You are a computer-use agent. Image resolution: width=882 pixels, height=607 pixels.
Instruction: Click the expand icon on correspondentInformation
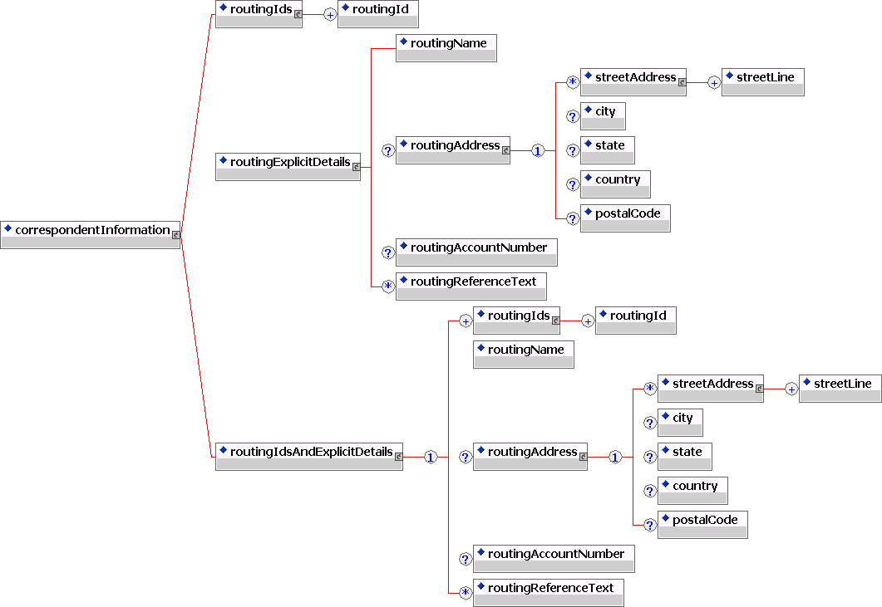(x=176, y=235)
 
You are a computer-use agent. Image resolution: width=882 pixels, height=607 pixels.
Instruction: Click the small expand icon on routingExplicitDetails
(x=357, y=167)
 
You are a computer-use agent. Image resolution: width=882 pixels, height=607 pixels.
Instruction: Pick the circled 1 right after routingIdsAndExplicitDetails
(x=431, y=458)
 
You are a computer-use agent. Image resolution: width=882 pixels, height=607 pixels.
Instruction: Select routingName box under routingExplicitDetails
(x=446, y=47)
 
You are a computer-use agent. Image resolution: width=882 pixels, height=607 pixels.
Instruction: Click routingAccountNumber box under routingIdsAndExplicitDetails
(x=554, y=558)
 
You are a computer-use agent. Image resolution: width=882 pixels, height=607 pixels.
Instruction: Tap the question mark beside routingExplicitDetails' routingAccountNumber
(x=387, y=252)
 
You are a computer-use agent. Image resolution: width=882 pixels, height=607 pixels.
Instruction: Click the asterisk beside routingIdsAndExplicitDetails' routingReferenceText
(x=466, y=593)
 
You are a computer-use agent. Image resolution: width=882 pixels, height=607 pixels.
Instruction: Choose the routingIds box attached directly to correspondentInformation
(x=258, y=14)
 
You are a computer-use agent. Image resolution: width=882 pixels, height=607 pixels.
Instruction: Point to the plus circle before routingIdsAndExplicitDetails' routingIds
(x=466, y=321)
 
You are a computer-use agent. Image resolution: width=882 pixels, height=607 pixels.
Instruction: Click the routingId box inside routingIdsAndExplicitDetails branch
(x=635, y=320)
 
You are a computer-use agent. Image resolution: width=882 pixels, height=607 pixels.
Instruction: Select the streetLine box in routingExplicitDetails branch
(x=762, y=81)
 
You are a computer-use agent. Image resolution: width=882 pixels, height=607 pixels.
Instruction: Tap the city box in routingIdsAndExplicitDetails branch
(x=680, y=422)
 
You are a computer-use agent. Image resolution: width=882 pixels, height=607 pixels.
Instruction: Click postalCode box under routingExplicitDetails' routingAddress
(x=625, y=218)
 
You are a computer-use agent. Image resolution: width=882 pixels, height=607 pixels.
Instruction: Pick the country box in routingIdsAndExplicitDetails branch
(x=692, y=490)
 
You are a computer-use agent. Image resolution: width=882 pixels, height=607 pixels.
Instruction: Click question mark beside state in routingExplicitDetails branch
(x=572, y=150)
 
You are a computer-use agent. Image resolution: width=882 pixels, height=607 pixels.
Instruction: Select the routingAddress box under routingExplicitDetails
(x=452, y=149)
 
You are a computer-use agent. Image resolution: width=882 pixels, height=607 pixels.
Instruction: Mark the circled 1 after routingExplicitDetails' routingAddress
(x=538, y=151)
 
